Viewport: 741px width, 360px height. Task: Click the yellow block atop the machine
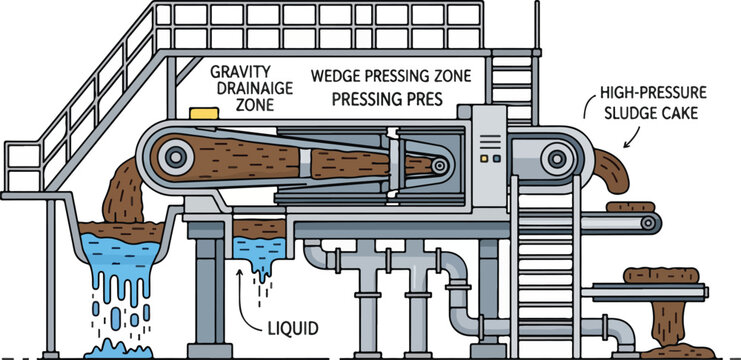(204, 113)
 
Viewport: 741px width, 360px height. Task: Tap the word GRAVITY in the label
(241, 72)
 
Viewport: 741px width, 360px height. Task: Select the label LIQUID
(293, 328)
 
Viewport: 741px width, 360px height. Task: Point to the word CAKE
(680, 114)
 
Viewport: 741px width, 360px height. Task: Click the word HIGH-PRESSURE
(653, 92)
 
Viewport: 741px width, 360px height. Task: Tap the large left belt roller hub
(176, 156)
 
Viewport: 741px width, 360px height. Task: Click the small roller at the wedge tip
(439, 165)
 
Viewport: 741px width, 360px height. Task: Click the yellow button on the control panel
(484, 159)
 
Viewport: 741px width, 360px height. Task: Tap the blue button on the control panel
(496, 159)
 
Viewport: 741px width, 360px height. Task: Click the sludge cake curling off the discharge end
(612, 171)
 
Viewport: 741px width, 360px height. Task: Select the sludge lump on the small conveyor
(630, 206)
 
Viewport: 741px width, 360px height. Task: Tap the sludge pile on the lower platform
(661, 275)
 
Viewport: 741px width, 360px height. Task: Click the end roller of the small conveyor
(648, 222)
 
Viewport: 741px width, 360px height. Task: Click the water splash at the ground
(118, 350)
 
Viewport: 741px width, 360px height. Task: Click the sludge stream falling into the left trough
(124, 191)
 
